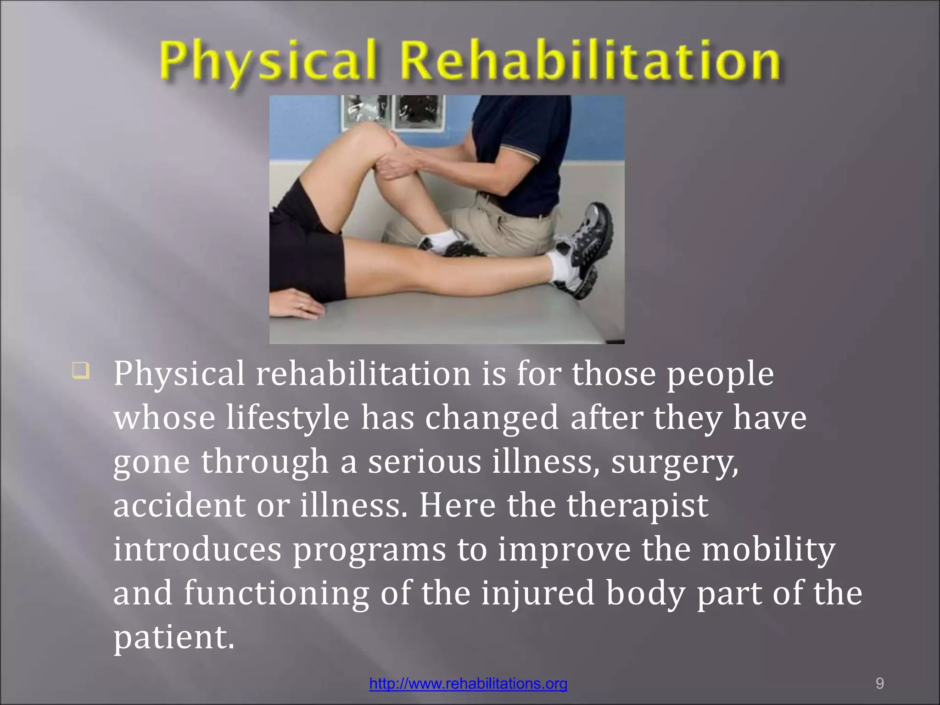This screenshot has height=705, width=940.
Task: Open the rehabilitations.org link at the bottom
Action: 468,683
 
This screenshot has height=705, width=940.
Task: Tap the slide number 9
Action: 879,683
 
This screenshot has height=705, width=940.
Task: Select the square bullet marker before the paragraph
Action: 80,370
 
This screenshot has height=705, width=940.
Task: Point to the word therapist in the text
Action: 638,505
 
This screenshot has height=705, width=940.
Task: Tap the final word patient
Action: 173,638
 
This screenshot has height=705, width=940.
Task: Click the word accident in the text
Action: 179,505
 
